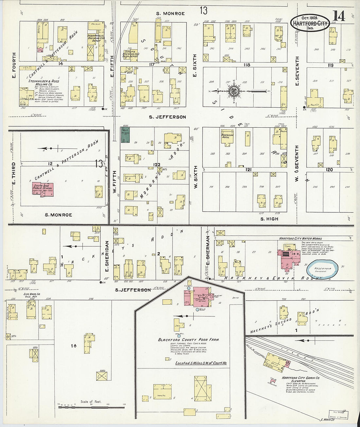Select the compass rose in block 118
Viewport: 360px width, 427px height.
coord(233,91)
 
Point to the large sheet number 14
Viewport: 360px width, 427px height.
coord(339,16)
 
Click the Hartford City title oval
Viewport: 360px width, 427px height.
coord(310,23)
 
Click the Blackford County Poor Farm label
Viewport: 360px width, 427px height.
coord(188,340)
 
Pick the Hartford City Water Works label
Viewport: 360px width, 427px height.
coord(300,239)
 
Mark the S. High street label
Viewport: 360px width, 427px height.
coord(269,219)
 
